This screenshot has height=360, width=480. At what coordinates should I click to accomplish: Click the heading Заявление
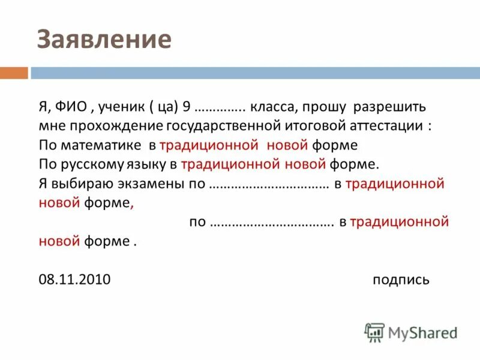pos(104,39)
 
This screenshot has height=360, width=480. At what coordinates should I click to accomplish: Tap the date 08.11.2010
pos(74,280)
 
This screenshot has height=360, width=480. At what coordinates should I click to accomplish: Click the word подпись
pos(400,280)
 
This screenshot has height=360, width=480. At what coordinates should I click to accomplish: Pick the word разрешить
pos(389,108)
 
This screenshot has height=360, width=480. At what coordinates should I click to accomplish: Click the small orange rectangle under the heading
pos(14,73)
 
